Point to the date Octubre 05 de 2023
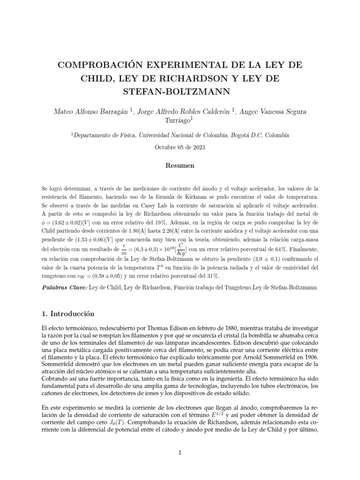[180, 147]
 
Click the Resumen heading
[180, 166]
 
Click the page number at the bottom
[180, 452]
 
